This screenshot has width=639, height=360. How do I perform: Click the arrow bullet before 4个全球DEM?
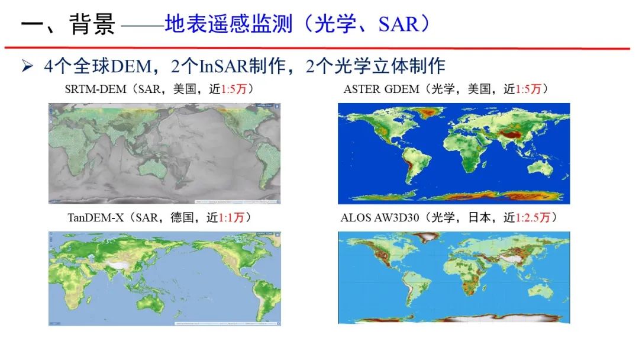coord(27,66)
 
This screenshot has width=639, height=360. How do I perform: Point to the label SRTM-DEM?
coord(96,90)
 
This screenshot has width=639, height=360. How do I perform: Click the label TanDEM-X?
coord(95,218)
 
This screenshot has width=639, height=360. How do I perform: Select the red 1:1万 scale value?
coord(231,218)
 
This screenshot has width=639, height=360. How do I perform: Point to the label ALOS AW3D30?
coord(379,218)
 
